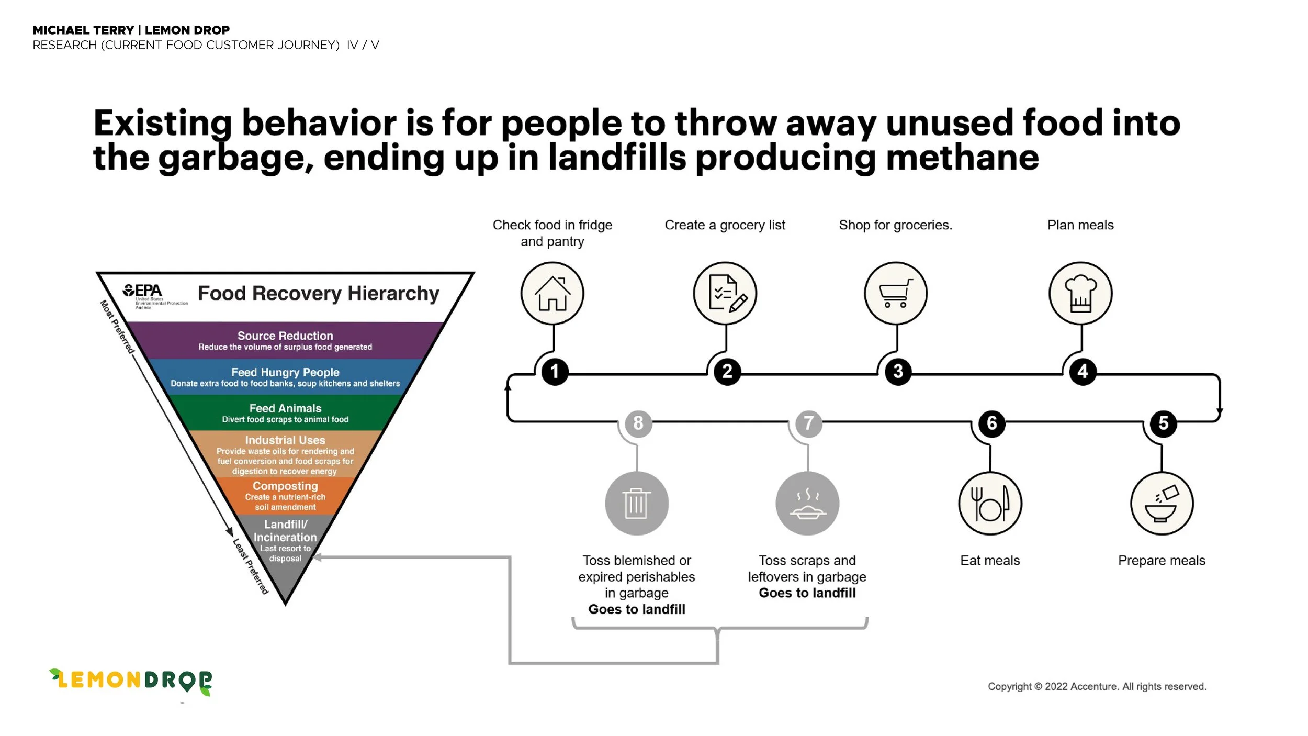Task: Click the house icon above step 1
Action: click(552, 294)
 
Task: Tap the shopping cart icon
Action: click(895, 294)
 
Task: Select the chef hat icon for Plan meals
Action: click(1080, 294)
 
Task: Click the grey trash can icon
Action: click(636, 503)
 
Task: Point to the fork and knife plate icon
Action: click(990, 503)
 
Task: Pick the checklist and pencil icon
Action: click(725, 294)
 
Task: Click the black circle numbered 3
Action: click(898, 372)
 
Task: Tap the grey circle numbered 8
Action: click(638, 423)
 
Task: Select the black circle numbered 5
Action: click(1163, 423)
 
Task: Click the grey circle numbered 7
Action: click(808, 423)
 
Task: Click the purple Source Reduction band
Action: click(285, 340)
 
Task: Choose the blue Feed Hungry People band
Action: click(285, 377)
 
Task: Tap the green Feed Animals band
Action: click(285, 413)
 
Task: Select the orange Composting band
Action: click(285, 496)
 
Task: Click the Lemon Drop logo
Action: click(131, 681)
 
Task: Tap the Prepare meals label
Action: click(1162, 561)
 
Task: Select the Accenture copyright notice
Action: click(1097, 686)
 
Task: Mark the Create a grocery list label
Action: click(725, 225)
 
